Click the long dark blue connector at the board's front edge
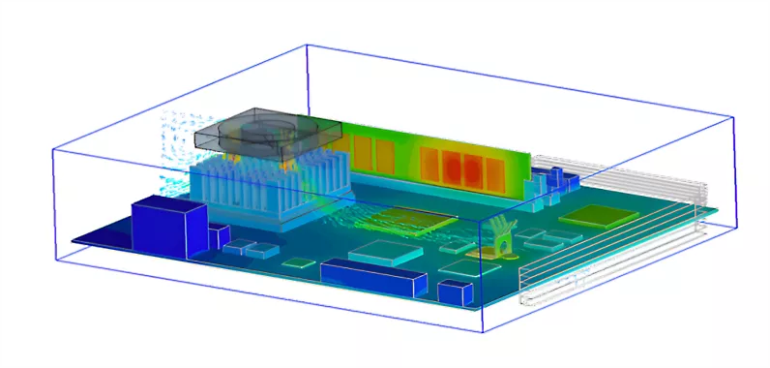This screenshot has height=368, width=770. coord(373,275)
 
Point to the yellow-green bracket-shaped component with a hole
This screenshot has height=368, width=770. coord(500,234)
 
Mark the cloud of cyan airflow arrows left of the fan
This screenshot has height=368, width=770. coord(179,145)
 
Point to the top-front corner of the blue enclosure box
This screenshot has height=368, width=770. coord(481,222)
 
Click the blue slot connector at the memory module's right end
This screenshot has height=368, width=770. coord(558,182)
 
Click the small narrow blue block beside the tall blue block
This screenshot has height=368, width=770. coord(220,235)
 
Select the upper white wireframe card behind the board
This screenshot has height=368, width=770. coord(629,174)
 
